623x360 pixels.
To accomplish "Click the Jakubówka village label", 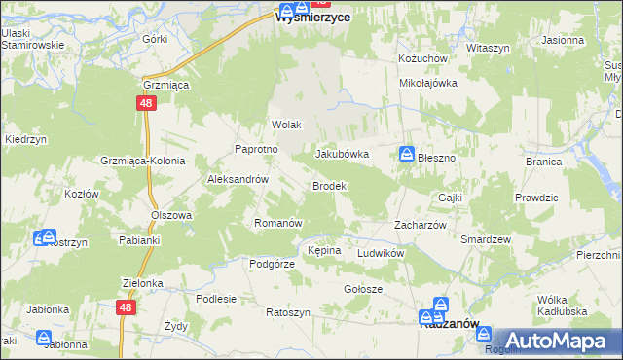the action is coord(342,154).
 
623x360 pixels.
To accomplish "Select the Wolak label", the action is coord(287,126).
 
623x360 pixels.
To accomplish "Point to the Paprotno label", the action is coord(257,149).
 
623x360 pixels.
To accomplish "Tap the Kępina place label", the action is coord(324,250).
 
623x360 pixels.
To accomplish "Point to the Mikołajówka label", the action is coord(428,83).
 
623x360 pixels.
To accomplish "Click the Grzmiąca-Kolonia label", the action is coord(141,160).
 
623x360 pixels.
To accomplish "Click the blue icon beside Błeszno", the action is coord(406,154).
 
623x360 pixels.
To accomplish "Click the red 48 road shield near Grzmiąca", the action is coord(145,102).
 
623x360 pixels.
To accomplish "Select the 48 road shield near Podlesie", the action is coord(126,306).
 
